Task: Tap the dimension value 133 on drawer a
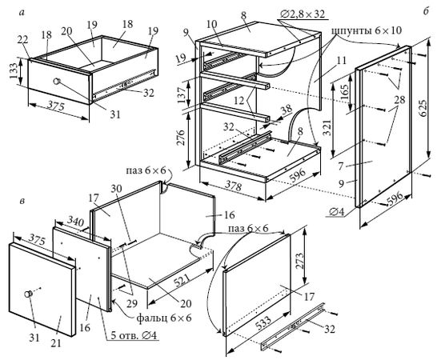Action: pos(14,70)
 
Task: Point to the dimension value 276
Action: pos(180,138)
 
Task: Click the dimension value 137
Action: pos(182,95)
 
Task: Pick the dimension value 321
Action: pos(328,128)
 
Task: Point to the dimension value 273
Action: pos(300,261)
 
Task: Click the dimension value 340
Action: pos(74,222)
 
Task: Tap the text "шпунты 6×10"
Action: pos(367,30)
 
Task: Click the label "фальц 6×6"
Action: pos(164,318)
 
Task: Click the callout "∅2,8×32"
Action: pos(303,14)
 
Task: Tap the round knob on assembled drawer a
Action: pos(57,82)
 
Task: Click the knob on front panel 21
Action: pos(29,294)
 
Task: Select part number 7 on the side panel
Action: pos(341,166)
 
